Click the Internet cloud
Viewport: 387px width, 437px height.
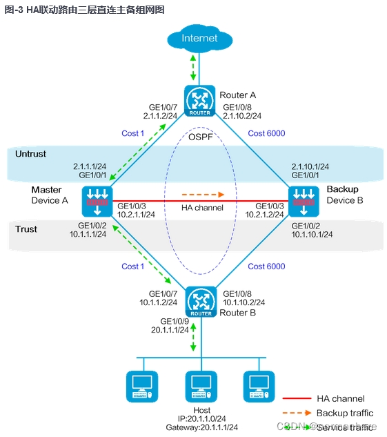[x=199, y=39]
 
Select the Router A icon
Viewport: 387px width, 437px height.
[x=200, y=100]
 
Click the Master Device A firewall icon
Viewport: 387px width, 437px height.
[x=96, y=201]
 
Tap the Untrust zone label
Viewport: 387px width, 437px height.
[x=30, y=154]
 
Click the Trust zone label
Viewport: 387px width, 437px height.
[x=26, y=229]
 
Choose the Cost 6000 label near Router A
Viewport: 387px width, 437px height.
[x=266, y=133]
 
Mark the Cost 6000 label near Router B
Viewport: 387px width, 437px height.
[x=266, y=266]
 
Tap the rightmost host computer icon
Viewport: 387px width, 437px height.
[x=258, y=387]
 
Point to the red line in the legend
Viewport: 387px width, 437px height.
[x=297, y=398]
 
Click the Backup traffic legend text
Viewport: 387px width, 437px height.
[x=344, y=413]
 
